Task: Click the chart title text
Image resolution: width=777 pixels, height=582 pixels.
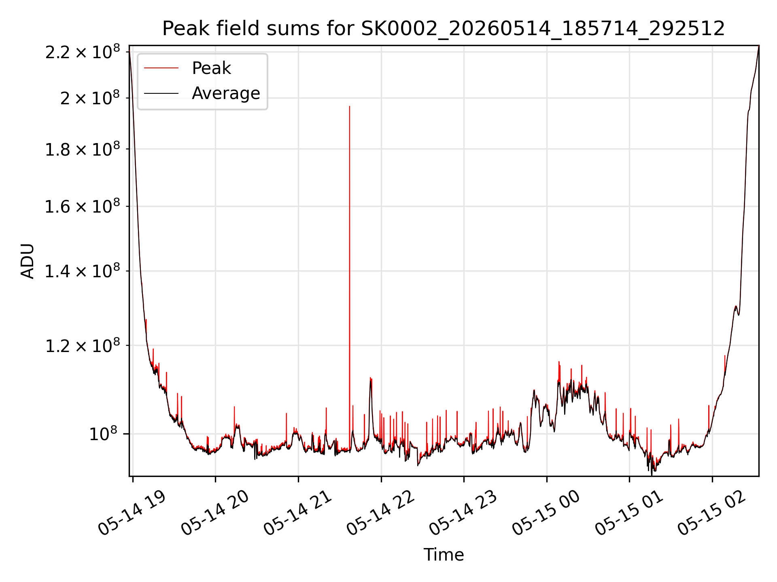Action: (x=444, y=29)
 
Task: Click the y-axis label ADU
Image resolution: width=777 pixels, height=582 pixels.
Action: (x=28, y=261)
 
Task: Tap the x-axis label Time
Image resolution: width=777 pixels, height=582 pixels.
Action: (x=444, y=555)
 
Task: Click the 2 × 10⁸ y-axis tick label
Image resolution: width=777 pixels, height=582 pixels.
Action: (x=90, y=98)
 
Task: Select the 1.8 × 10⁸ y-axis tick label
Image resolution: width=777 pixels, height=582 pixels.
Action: (x=83, y=149)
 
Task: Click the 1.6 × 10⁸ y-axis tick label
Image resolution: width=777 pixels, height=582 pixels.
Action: (x=83, y=207)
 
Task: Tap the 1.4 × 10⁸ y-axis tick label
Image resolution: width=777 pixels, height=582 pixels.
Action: (x=83, y=271)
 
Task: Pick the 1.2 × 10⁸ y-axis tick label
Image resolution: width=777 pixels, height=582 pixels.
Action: (x=83, y=346)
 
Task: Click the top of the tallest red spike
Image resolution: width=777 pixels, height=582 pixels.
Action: (x=350, y=106)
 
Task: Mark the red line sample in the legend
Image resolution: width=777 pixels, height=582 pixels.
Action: (x=161, y=68)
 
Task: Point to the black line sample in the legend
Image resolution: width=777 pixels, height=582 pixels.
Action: (x=161, y=93)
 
